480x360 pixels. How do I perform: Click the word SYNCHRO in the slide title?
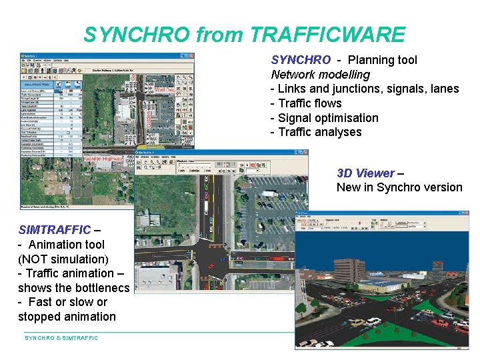coord(126,35)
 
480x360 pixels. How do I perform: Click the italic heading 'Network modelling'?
coord(320,74)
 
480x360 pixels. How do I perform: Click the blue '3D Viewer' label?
coord(365,173)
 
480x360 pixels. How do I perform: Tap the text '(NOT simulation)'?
coord(63,259)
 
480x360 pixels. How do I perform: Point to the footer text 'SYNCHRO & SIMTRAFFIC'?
coord(61,338)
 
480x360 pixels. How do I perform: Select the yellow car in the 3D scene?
coord(358,323)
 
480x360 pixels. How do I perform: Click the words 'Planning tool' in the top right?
coord(382,60)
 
